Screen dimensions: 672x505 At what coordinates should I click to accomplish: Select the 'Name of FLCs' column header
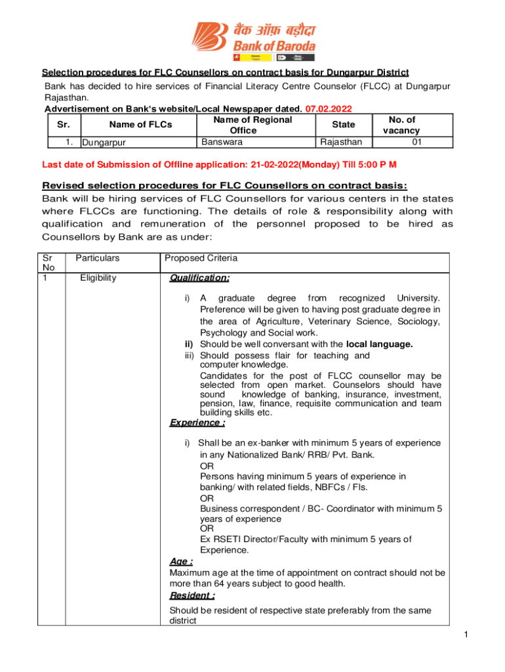click(x=140, y=125)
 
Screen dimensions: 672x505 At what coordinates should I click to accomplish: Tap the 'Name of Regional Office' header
click(x=253, y=125)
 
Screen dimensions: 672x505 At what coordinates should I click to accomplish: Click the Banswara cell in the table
click(x=222, y=141)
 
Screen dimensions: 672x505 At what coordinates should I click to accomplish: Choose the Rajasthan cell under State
click(x=340, y=141)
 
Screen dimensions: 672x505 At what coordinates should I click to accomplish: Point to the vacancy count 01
click(x=416, y=141)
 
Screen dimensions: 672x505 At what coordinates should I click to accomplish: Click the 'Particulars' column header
click(x=98, y=259)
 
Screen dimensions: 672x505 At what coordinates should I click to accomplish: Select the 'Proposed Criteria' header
click(x=201, y=259)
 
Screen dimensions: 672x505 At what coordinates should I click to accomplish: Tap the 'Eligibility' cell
click(x=98, y=278)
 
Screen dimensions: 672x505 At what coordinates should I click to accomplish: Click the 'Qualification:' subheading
click(x=199, y=278)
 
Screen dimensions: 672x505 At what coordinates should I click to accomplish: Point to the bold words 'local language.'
click(x=380, y=344)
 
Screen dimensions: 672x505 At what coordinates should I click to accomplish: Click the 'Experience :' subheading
click(x=197, y=423)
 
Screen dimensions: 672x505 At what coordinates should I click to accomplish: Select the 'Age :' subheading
click(x=181, y=562)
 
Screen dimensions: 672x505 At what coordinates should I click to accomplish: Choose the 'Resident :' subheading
click(x=192, y=595)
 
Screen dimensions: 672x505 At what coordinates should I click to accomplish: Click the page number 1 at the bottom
click(x=464, y=635)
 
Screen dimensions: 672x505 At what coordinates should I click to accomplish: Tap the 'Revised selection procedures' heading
click(x=224, y=184)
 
